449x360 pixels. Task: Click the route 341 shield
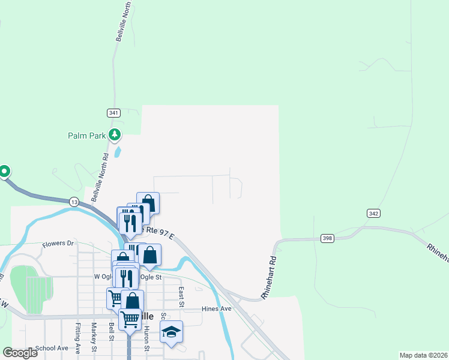coord(114,113)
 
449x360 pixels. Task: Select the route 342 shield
coord(373,214)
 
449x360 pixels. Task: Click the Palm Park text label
coord(87,136)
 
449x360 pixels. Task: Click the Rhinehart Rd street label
coord(271,279)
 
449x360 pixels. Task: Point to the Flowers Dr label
coord(58,244)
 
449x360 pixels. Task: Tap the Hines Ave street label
coord(217,308)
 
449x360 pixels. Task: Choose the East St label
coord(181,296)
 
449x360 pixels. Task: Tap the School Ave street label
coord(52,348)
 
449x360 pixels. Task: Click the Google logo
coord(20,353)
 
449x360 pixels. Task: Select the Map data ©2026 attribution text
coord(423,355)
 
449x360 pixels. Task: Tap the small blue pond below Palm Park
coord(118,152)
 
